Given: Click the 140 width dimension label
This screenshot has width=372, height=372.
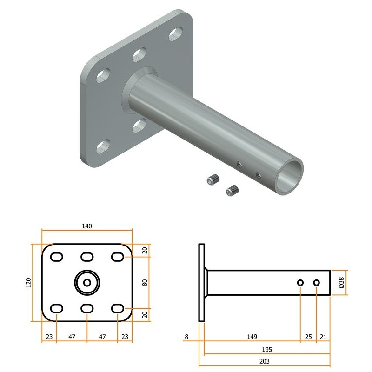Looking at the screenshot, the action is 87,226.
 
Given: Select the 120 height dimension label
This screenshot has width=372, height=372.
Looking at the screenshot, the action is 28,283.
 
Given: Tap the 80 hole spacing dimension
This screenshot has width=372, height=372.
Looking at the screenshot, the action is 145,283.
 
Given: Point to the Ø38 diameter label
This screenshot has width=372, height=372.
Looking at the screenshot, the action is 341,283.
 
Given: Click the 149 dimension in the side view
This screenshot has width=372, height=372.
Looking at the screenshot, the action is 252,337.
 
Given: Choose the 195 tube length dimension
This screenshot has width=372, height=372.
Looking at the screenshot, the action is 267,350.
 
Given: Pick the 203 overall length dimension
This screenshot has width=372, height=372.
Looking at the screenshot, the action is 264,361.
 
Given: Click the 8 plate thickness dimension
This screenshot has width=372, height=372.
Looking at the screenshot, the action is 186,337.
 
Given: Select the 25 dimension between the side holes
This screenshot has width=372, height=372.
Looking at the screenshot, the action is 308,337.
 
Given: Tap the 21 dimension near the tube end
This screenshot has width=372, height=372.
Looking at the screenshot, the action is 323,337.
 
